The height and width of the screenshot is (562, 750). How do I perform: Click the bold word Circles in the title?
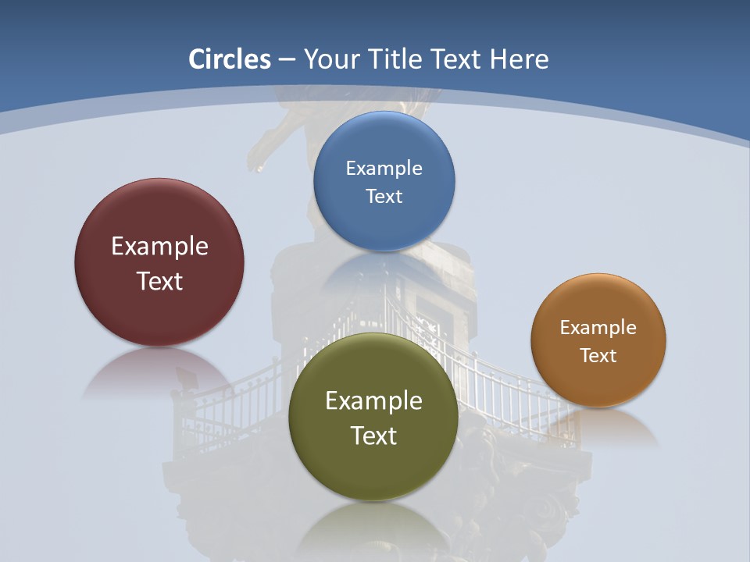(x=229, y=59)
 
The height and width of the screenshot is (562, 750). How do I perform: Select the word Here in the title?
(x=519, y=59)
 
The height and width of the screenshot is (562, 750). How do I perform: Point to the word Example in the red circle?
(x=159, y=247)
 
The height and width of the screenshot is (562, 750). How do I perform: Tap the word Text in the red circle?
(x=159, y=281)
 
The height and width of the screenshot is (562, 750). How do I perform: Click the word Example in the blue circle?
(x=384, y=169)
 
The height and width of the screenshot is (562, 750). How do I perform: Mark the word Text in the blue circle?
(x=384, y=197)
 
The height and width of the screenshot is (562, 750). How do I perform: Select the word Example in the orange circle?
(x=598, y=328)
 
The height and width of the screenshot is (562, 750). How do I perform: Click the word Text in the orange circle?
(x=598, y=356)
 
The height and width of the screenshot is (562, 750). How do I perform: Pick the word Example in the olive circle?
(x=373, y=401)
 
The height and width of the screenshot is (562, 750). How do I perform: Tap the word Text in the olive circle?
(x=373, y=436)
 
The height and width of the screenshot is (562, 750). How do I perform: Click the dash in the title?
(x=287, y=60)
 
